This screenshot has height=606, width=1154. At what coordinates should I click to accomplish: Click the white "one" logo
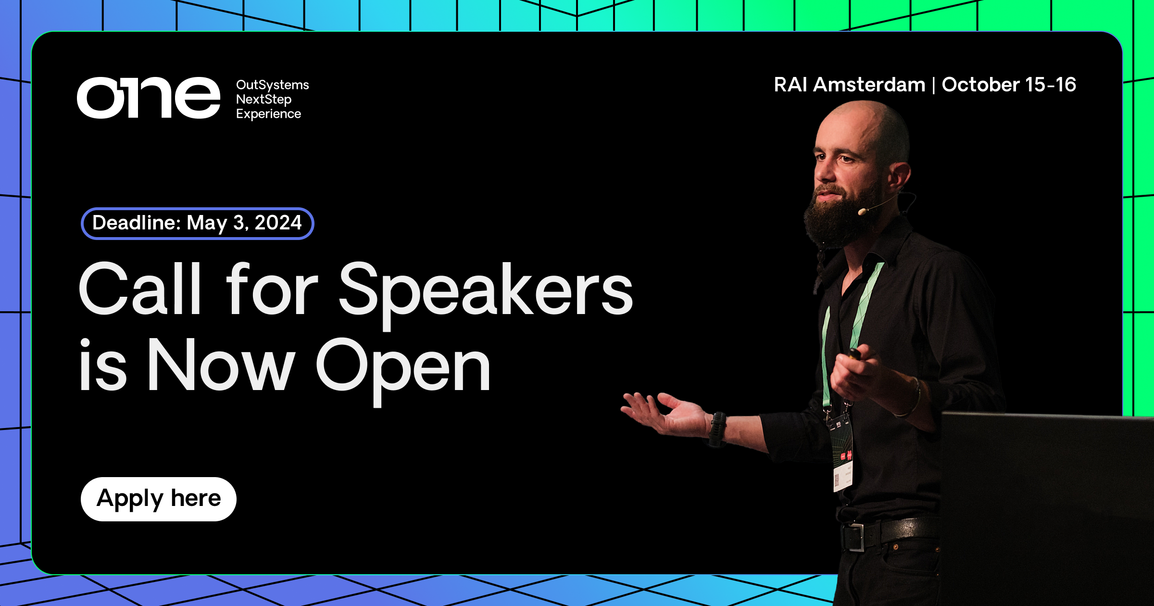(148, 98)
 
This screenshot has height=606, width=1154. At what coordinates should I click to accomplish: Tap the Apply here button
(159, 499)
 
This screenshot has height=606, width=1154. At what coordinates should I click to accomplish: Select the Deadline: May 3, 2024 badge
(197, 223)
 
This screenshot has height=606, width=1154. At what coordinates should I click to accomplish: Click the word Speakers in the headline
(486, 291)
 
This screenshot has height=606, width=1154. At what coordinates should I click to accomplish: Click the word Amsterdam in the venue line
(869, 85)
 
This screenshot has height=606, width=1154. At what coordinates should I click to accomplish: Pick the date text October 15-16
(1009, 85)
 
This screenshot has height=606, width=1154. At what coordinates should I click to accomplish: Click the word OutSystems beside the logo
(272, 85)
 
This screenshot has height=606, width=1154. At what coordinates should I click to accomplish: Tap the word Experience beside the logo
(268, 114)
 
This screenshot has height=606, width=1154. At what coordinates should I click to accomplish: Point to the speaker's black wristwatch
(717, 428)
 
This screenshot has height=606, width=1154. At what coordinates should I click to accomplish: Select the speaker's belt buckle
(854, 537)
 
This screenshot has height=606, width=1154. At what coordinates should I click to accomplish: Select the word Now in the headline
(221, 366)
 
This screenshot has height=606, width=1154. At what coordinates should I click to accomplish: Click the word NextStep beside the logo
(263, 100)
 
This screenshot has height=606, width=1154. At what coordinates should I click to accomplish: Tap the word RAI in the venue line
(790, 85)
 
